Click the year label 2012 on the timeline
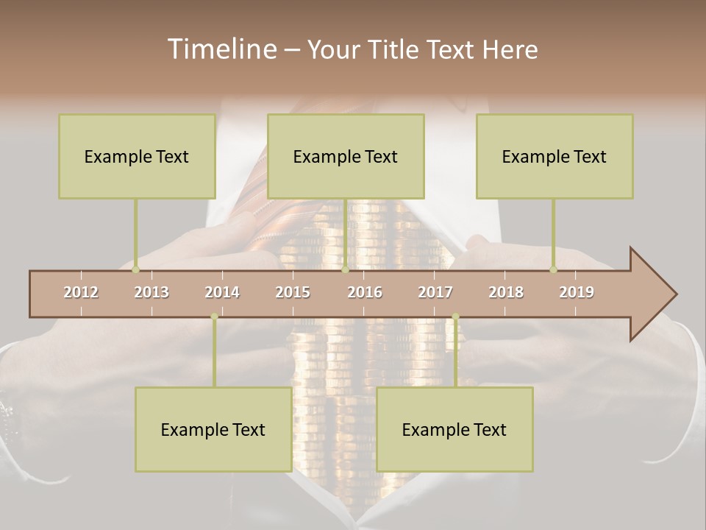(81, 292)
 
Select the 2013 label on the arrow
(151, 292)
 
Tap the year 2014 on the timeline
(222, 292)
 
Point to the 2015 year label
(293, 292)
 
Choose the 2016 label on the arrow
(365, 292)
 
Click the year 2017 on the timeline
(435, 292)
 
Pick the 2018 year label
(506, 292)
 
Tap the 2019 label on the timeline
(577, 292)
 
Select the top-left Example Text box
(137, 156)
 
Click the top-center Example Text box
(346, 156)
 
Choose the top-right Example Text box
(555, 156)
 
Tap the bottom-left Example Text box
(213, 429)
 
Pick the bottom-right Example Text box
(454, 429)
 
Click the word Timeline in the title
(221, 49)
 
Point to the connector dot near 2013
(136, 270)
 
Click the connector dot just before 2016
(345, 270)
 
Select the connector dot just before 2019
(554, 270)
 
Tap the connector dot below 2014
(214, 317)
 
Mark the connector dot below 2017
(455, 317)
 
